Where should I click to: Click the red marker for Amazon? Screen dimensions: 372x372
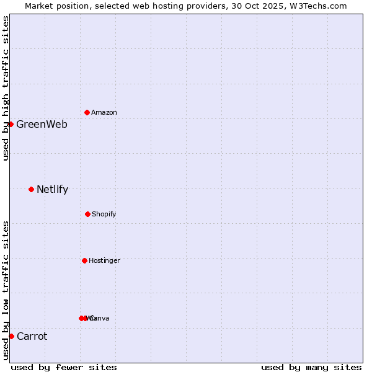[87, 112]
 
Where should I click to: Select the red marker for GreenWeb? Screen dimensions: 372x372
[11, 124]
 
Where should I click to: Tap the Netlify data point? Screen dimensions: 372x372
[31, 189]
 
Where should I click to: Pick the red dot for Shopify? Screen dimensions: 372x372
[87, 214]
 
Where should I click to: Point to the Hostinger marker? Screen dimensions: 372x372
[84, 260]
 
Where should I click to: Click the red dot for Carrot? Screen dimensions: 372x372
[11, 336]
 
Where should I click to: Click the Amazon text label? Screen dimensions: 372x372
[104, 112]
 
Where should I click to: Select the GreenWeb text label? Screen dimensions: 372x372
[42, 124]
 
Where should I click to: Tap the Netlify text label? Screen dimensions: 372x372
[52, 189]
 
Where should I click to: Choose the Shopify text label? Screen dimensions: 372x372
[104, 214]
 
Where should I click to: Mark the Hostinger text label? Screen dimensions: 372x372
[104, 260]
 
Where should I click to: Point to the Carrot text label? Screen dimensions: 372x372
[32, 336]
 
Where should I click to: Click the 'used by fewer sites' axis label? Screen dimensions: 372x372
[64, 367]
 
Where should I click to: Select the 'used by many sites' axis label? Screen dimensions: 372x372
[311, 367]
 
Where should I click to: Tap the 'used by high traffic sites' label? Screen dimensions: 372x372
[6, 88]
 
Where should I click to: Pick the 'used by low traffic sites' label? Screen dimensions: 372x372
[6, 290]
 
